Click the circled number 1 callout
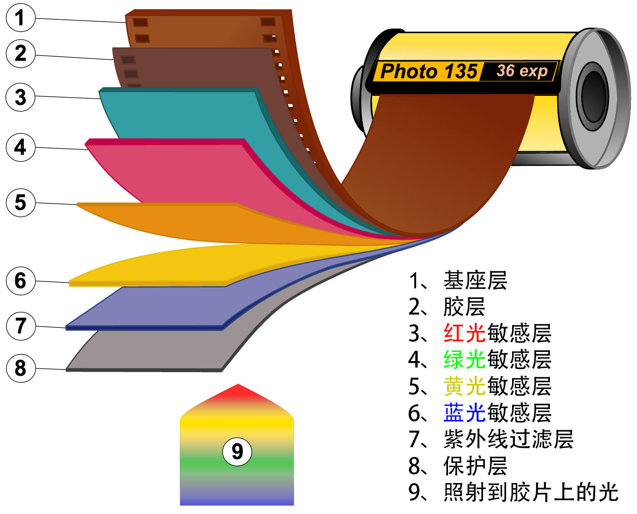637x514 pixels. [20, 18]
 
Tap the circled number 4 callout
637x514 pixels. [20, 147]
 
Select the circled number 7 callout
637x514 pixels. [20, 326]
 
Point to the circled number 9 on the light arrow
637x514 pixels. [237, 451]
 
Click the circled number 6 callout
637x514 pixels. [20, 280]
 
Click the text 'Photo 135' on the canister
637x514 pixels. [429, 72]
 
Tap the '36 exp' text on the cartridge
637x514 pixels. [522, 71]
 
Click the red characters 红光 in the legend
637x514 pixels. [465, 333]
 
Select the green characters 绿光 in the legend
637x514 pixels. [465, 359]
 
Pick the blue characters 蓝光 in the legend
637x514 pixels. [465, 413]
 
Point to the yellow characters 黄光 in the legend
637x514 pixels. [465, 386]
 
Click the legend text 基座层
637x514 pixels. [475, 280]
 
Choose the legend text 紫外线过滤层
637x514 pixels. [508, 439]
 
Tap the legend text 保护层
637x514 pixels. [475, 466]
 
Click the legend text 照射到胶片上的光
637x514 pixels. [531, 492]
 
